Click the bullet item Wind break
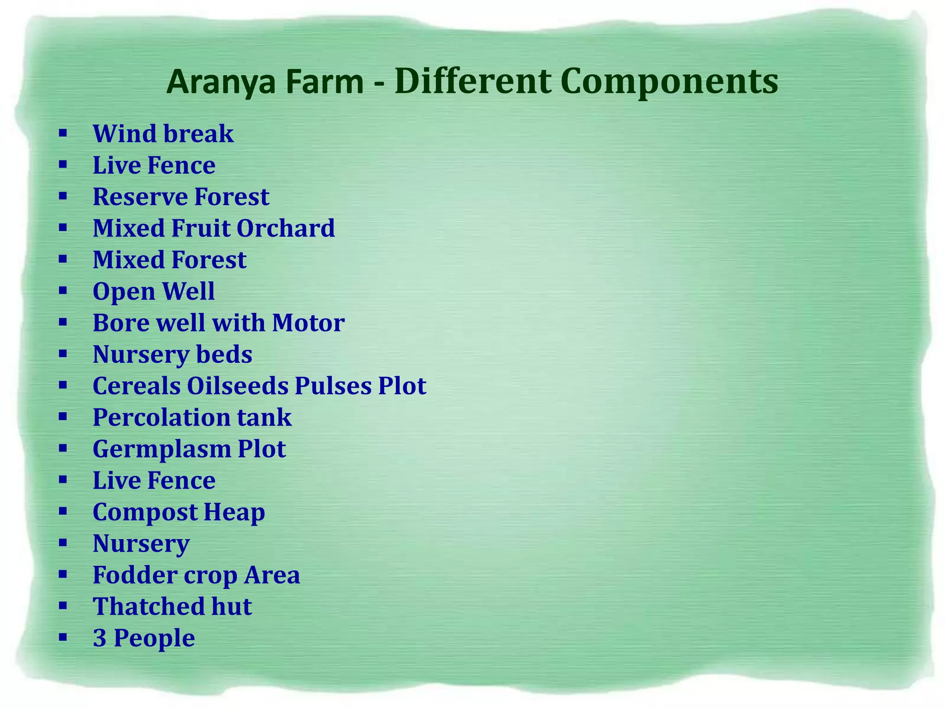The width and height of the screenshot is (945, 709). click(x=163, y=134)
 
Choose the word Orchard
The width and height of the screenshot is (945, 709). click(x=286, y=228)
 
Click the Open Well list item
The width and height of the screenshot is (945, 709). click(x=154, y=291)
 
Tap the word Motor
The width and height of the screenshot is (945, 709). click(x=308, y=323)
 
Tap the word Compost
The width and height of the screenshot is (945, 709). click(x=145, y=512)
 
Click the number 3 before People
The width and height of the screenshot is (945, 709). click(x=100, y=638)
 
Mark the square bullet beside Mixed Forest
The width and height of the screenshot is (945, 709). click(x=63, y=259)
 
